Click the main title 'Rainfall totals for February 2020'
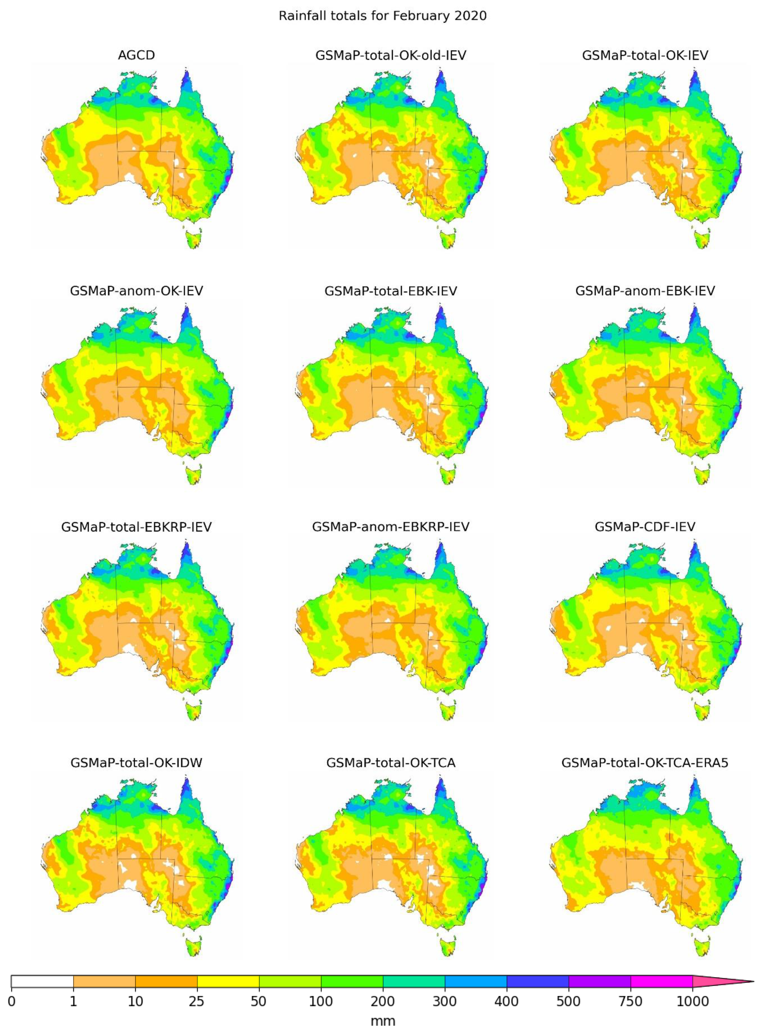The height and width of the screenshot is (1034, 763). click(382, 16)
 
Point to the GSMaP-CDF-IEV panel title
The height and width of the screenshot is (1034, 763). click(645, 527)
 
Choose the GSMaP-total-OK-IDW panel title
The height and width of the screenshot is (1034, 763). click(136, 762)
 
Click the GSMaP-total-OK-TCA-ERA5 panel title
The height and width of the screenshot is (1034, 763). click(645, 762)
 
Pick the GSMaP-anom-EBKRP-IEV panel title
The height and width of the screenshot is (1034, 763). click(391, 527)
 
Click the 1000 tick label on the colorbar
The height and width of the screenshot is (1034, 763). click(692, 1002)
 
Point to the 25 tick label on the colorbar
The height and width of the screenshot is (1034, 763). click(197, 1002)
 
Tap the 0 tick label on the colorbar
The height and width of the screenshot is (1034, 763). click(12, 1002)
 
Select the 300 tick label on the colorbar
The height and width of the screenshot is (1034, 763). click(445, 1002)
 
